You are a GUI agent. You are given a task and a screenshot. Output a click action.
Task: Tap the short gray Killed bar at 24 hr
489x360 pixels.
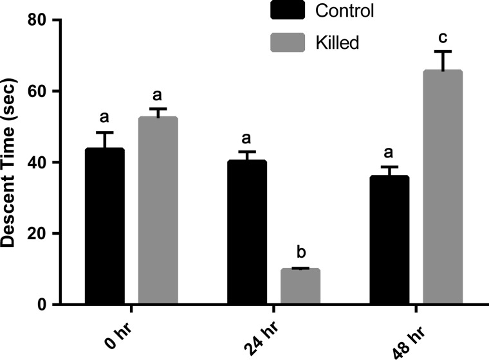(300, 287)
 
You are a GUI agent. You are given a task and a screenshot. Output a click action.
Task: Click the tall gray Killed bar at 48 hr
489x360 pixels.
(442, 187)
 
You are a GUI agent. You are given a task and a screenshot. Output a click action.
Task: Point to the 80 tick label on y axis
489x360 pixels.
(37, 21)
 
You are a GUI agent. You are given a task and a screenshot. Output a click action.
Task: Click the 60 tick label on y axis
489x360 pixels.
(37, 91)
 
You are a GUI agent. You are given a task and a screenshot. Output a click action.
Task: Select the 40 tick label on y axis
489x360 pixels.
(37, 163)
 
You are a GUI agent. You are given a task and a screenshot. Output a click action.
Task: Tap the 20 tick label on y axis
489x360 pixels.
(37, 233)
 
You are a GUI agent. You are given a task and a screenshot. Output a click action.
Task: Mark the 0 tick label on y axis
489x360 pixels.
(42, 305)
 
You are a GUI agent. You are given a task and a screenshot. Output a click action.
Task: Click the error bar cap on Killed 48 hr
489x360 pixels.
(442, 51)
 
